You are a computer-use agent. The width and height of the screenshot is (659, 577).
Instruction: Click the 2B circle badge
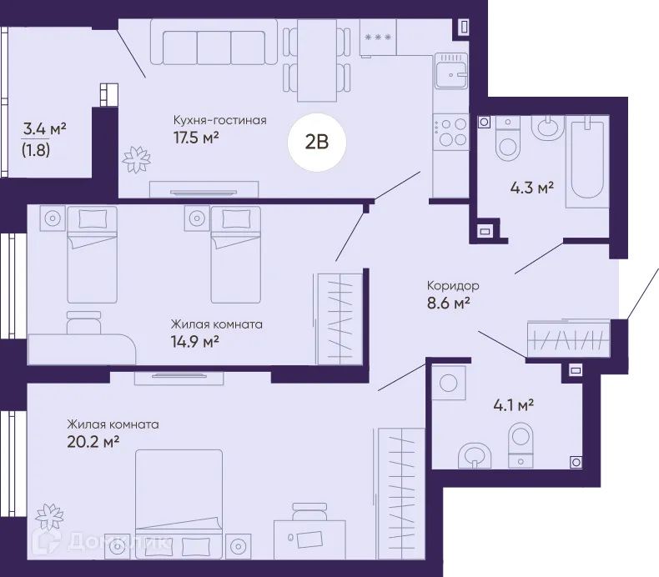(317, 143)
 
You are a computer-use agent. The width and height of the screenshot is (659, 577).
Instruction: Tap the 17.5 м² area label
(196, 138)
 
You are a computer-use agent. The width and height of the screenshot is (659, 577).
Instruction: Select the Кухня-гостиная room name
(220, 120)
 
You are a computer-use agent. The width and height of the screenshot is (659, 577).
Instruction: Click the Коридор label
(453, 286)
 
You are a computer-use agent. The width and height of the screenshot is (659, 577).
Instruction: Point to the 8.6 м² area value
(448, 303)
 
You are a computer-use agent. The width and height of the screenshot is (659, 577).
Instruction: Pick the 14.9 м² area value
(194, 342)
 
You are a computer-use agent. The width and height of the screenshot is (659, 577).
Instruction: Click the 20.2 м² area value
(93, 442)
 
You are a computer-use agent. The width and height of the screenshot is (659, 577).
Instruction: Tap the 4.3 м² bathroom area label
(531, 188)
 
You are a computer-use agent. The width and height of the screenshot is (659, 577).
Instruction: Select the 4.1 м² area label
(514, 405)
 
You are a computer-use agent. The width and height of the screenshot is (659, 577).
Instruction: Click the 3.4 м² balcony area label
(44, 128)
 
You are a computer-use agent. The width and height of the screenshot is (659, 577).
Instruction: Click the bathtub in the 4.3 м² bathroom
(587, 162)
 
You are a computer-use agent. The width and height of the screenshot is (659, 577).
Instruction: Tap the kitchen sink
(451, 71)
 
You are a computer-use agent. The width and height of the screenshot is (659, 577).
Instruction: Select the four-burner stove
(451, 131)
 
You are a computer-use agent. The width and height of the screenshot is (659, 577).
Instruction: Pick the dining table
(317, 60)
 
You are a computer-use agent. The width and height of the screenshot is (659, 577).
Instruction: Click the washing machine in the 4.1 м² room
(449, 383)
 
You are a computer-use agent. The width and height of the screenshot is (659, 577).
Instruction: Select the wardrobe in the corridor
(569, 339)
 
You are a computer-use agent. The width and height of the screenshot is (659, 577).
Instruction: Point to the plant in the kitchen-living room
(136, 159)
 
